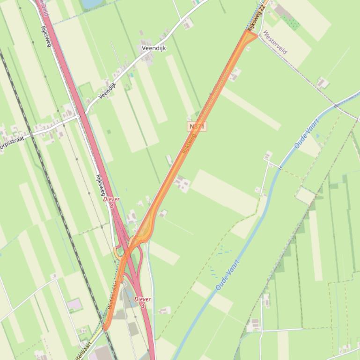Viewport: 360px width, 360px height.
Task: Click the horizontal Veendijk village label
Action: (154, 48)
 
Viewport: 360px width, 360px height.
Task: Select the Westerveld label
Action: (275, 43)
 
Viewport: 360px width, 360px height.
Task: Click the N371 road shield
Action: (198, 126)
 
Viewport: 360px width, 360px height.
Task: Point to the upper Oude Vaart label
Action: (307, 134)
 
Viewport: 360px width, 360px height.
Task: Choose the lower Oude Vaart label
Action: (228, 275)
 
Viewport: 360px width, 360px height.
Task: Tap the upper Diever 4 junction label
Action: (111, 202)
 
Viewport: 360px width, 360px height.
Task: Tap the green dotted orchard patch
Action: (291, 22)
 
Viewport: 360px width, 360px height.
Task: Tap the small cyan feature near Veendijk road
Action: (132, 74)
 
